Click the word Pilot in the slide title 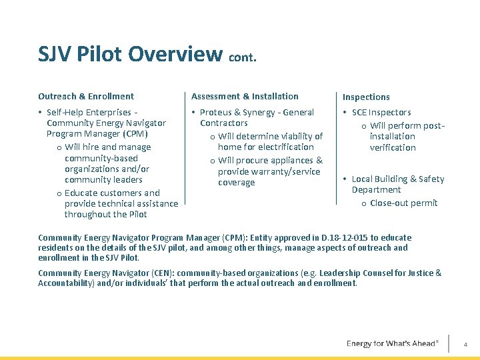[x=103, y=53]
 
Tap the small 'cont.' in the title [x=243, y=57]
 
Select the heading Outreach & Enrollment [x=86, y=96]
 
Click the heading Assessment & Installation [x=245, y=96]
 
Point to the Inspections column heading [x=366, y=97]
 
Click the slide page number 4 [x=465, y=344]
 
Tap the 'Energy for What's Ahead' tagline [x=392, y=343]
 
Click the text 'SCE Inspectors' [x=381, y=113]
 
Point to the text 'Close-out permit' [x=403, y=203]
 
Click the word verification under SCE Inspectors [x=393, y=147]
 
